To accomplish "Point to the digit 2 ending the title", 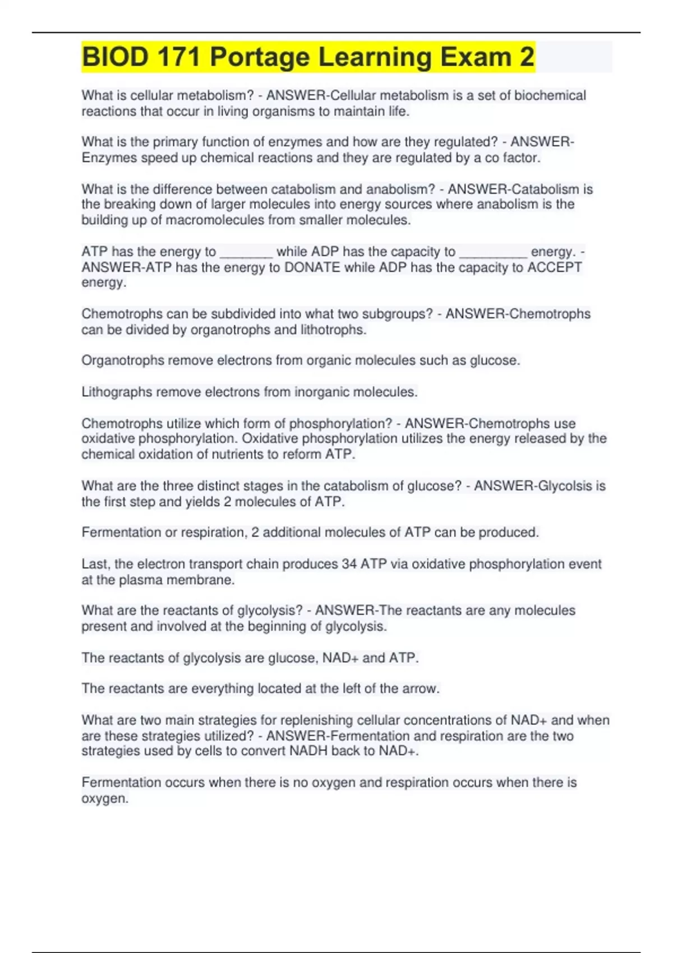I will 526,57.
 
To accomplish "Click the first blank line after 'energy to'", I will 246,253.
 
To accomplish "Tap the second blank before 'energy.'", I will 493,253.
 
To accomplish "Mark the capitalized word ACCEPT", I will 555,267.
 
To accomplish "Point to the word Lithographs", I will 117,392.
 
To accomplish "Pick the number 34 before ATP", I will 349,564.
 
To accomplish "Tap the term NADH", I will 308,751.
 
